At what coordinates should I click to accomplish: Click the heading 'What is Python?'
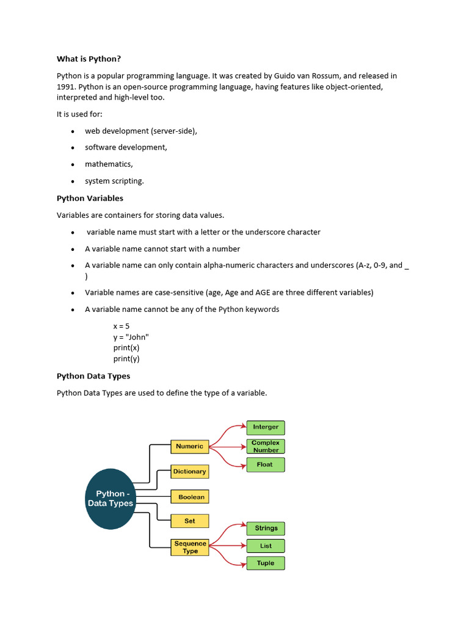[89, 59]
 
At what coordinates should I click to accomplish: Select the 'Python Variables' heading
[90, 198]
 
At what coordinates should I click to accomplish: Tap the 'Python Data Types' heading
[93, 376]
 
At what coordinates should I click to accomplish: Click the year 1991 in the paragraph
[66, 87]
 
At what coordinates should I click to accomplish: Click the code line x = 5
[121, 326]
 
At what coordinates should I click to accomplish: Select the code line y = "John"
[131, 337]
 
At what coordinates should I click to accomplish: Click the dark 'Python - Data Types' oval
[110, 499]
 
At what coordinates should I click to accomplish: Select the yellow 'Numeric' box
[190, 446]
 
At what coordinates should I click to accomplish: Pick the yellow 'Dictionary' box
[190, 472]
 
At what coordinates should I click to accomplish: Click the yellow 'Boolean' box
[191, 497]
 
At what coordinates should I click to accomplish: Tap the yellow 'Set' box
[190, 521]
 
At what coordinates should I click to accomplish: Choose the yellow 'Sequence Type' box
[191, 547]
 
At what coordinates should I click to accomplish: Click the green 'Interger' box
[266, 427]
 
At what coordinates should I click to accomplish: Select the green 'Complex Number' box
[266, 446]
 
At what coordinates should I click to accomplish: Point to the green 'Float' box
[265, 464]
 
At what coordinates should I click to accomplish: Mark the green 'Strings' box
[266, 528]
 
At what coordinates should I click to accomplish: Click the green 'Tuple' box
[266, 563]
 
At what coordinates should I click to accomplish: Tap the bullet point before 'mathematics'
[73, 165]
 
